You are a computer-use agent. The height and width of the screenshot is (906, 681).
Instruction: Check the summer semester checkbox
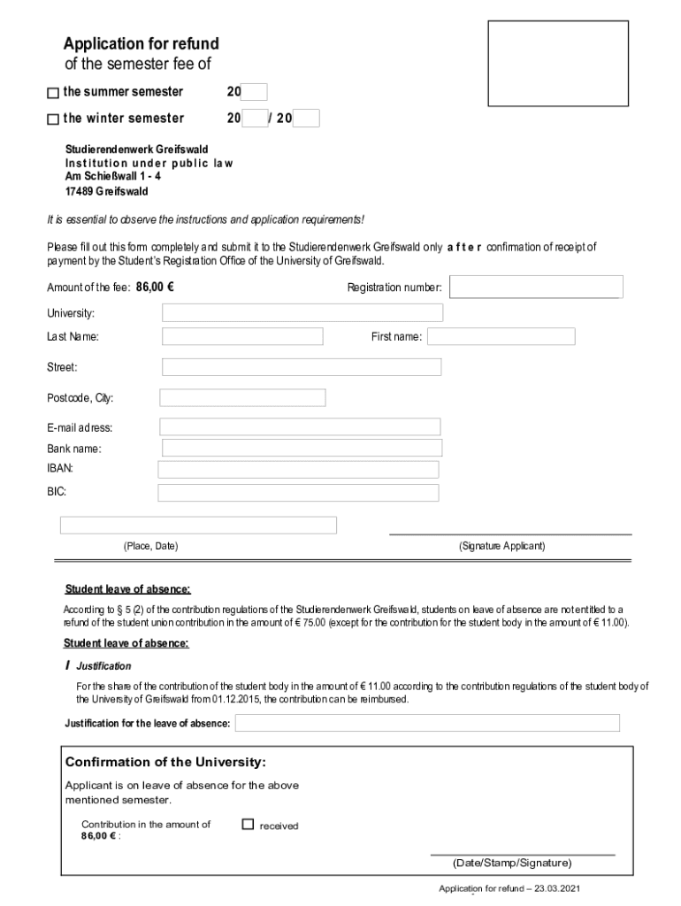53,93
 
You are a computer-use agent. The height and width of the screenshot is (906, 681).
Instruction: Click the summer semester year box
254,92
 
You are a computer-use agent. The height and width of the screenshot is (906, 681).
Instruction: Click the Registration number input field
537,287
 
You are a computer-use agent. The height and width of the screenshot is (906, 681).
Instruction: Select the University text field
302,313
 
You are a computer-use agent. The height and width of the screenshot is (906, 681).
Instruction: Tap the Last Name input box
242,336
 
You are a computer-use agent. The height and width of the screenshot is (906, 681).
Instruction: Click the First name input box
501,336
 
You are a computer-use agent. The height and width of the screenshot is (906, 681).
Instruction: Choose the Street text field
302,366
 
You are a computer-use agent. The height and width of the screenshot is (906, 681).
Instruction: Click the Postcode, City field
242,397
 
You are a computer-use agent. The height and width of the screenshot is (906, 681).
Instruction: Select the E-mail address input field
300,426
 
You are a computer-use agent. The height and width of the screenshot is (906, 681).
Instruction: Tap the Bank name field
302,448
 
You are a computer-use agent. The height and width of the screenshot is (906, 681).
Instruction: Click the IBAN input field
298,469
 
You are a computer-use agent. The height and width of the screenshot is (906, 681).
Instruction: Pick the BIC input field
298,492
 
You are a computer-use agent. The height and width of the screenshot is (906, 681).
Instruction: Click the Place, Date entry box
198,525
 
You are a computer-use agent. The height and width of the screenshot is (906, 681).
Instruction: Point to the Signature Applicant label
501,546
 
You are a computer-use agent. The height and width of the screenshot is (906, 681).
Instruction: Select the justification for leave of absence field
427,723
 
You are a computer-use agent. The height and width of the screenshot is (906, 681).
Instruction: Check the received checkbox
249,825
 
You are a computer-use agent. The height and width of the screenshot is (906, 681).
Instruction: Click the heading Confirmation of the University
165,762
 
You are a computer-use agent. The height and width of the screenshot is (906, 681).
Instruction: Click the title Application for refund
141,44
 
